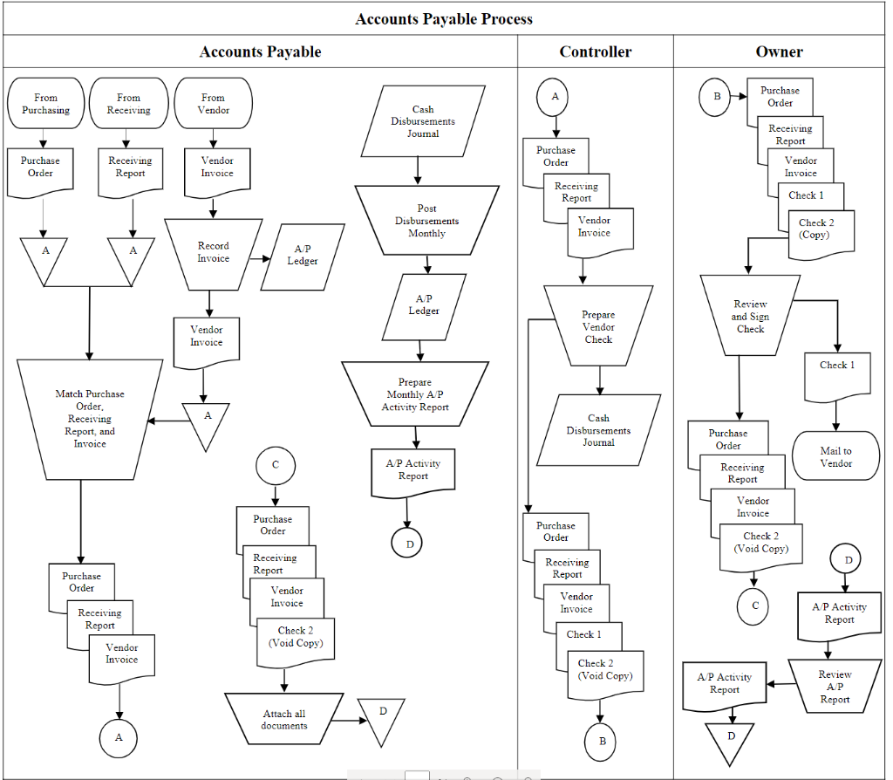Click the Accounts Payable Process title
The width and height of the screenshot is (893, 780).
pos(443,18)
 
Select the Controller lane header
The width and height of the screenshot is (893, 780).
pos(595,51)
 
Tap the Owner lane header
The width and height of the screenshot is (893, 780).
pos(779,51)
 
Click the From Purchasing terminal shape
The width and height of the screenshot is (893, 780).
pos(46,104)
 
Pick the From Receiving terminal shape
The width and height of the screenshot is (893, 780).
pos(128,104)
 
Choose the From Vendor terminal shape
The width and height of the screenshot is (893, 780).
pos(213,104)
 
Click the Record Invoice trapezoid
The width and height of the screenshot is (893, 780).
pos(213,253)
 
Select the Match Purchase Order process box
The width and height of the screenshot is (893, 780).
pos(90,419)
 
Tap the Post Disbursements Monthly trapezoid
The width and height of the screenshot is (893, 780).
pos(426,221)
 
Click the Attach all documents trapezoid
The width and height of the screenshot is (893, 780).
pos(284,719)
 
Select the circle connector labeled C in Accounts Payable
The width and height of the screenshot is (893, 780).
pos(276,465)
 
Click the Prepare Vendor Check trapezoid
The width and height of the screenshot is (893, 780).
pos(598,326)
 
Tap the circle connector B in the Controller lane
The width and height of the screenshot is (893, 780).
pos(600,742)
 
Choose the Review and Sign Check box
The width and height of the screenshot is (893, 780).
pos(750,316)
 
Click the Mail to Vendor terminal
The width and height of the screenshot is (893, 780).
pos(835,456)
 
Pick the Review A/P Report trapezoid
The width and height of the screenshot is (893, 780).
pos(835,687)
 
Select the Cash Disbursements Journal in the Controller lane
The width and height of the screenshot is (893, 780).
pos(598,430)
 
